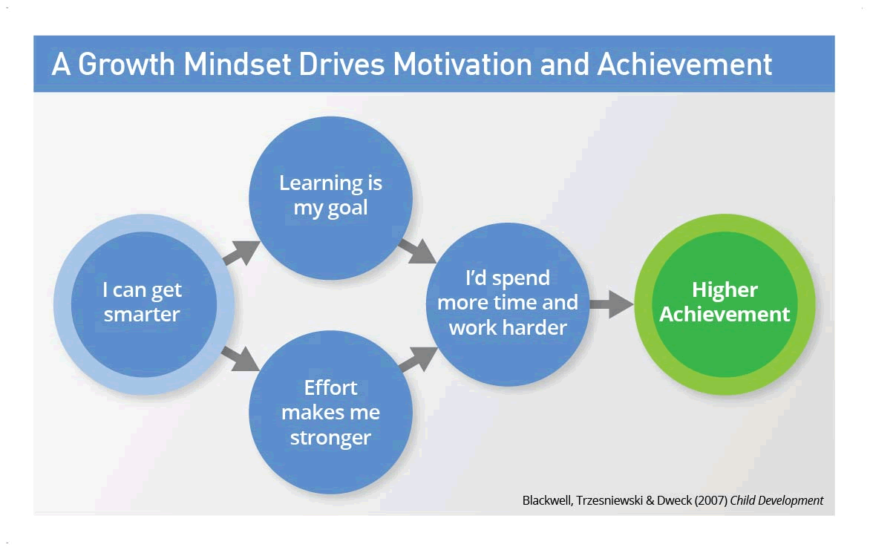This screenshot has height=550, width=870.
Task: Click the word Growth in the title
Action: pyautogui.click(x=126, y=65)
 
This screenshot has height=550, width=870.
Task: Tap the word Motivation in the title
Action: pyautogui.click(x=462, y=65)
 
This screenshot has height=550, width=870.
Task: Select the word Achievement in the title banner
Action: pyautogui.click(x=684, y=65)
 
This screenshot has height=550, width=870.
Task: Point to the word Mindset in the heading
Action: pyautogui.click(x=238, y=65)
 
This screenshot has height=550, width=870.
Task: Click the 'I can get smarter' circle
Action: pyautogui.click(x=144, y=304)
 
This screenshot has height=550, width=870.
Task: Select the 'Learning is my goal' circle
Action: pyautogui.click(x=330, y=197)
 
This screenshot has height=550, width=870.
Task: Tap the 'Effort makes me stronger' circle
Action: pyautogui.click(x=330, y=412)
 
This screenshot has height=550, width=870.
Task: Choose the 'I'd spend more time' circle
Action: pyautogui.click(x=508, y=304)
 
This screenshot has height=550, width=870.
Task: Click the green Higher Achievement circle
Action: pyautogui.click(x=725, y=304)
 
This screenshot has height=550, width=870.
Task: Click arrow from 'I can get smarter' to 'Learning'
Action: pyautogui.click(x=241, y=252)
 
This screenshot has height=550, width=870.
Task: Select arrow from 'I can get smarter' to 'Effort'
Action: pyautogui.click(x=241, y=358)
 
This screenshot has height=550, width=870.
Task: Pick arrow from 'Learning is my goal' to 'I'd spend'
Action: pyautogui.click(x=417, y=251)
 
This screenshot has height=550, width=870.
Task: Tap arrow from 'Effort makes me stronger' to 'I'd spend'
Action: pyautogui.click(x=418, y=359)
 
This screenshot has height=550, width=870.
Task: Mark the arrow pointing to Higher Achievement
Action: pyautogui.click(x=612, y=304)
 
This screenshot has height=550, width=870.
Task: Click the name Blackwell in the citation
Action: pyautogui.click(x=547, y=500)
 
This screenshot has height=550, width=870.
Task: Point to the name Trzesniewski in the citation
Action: pyautogui.click(x=609, y=500)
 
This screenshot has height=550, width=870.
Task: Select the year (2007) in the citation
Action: pyautogui.click(x=710, y=500)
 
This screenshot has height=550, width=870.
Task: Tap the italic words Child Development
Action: pyautogui.click(x=776, y=500)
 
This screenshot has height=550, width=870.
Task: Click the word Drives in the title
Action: pyautogui.click(x=341, y=65)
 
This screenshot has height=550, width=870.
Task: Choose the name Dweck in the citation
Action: pyautogui.click(x=674, y=500)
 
